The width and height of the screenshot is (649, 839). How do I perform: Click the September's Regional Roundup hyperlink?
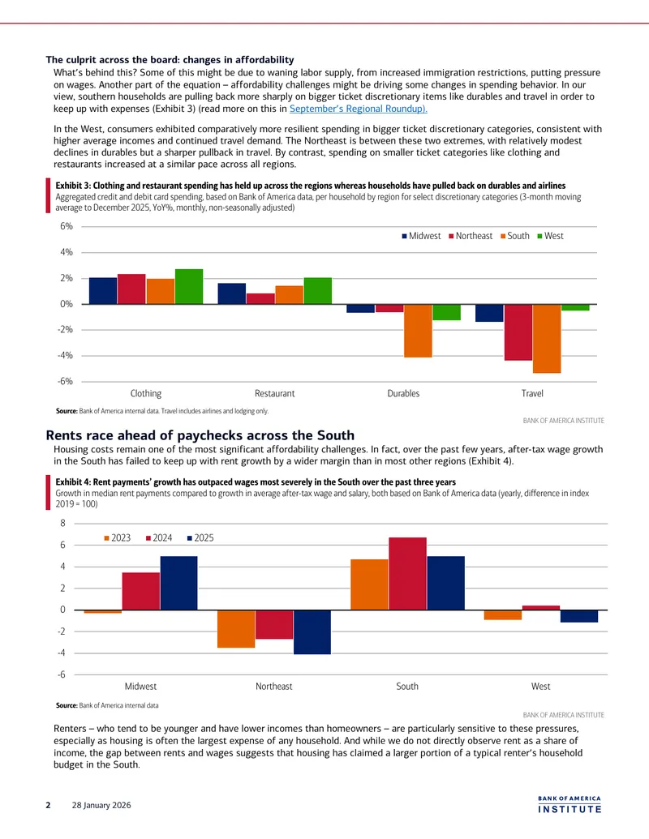[359, 109]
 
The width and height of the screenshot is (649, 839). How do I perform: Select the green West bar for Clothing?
[189, 287]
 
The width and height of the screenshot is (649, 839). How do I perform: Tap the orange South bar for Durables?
[419, 331]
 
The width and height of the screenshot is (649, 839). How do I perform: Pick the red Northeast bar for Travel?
[518, 332]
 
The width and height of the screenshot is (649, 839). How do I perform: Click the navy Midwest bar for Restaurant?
[232, 293]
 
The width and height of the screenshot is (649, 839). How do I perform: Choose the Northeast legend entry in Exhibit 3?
[471, 236]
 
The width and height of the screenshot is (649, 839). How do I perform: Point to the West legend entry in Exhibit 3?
[551, 236]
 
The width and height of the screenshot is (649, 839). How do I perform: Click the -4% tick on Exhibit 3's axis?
[66, 355]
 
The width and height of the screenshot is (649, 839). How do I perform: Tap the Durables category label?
[403, 393]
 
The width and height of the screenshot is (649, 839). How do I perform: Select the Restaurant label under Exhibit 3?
[275, 393]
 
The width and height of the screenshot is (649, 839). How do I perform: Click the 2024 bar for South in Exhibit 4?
[408, 574]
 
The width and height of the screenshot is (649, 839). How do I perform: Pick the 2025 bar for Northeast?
[312, 632]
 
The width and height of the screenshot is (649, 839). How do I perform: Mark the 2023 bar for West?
[503, 614]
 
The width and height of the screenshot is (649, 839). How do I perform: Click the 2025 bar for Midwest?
[178, 583]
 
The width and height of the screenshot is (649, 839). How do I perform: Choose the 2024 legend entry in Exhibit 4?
[159, 537]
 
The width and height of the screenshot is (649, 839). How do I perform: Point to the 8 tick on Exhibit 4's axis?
[62, 524]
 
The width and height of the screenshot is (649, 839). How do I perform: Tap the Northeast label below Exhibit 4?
[273, 687]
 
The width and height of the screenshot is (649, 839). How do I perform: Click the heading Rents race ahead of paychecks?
[200, 435]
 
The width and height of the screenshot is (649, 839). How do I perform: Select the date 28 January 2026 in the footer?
[101, 805]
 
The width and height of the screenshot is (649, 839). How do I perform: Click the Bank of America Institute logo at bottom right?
[569, 804]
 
